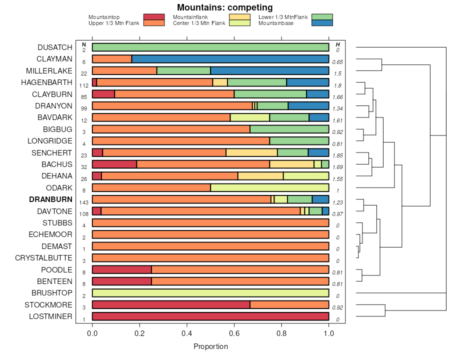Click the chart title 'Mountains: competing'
click(224, 7)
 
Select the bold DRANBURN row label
click(50, 199)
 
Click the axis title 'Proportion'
click(210, 346)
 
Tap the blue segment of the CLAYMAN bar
click(230, 59)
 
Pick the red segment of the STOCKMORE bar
click(171, 305)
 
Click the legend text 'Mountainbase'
click(276, 23)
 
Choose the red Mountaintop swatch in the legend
click(153, 17)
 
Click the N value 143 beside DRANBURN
click(84, 202)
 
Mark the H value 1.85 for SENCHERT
click(337, 155)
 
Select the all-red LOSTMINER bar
click(210, 316)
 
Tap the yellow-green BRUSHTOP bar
click(210, 293)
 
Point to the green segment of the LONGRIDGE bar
click(299, 141)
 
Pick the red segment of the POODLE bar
click(122, 270)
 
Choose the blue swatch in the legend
click(321, 23)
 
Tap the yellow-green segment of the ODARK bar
click(269, 188)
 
